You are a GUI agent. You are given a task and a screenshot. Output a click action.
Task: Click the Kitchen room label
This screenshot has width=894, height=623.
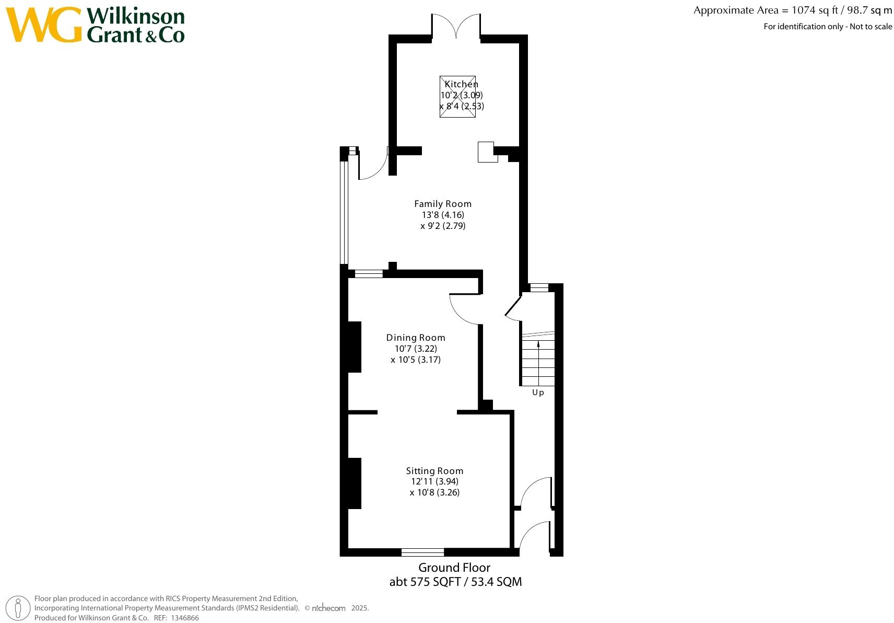[x=461, y=84]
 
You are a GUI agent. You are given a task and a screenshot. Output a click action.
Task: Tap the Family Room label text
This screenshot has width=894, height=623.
[x=443, y=204]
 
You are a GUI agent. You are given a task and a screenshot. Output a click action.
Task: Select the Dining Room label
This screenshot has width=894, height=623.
[x=416, y=338]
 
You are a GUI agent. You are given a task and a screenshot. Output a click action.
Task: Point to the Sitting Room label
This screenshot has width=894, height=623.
[x=434, y=471]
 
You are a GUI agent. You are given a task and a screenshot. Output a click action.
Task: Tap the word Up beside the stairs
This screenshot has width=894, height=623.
[x=538, y=393]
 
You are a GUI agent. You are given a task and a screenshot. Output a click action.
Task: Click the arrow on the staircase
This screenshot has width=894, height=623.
[x=538, y=347]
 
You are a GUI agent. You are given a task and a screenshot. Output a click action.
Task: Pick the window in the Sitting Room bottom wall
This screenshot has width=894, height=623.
[x=422, y=552]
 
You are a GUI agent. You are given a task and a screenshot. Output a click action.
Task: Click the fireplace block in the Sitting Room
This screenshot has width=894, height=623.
[x=355, y=483]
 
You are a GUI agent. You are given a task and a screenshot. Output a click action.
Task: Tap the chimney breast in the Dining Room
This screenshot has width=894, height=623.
[x=355, y=347]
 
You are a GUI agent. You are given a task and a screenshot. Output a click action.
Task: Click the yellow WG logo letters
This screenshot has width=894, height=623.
[x=44, y=25]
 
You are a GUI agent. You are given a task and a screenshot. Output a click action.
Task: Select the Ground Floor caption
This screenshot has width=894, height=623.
[x=454, y=568]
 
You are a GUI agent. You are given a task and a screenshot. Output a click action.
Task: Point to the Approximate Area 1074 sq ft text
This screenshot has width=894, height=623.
[x=792, y=10]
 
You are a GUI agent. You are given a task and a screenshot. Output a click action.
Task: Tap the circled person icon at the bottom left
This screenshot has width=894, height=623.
[x=19, y=608]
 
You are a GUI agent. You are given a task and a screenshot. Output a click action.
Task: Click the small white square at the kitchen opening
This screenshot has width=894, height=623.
[x=487, y=152]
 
